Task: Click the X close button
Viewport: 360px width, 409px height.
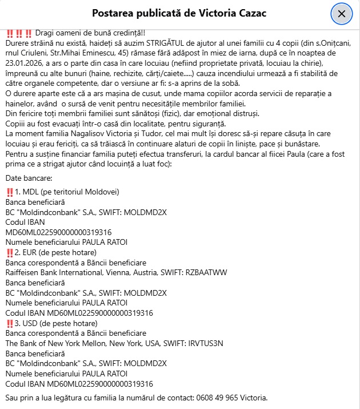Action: click(x=342, y=13)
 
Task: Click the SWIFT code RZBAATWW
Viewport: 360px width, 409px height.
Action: click(x=217, y=273)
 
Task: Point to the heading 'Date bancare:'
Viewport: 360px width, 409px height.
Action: click(x=29, y=179)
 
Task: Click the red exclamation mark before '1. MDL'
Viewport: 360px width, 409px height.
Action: click(x=9, y=192)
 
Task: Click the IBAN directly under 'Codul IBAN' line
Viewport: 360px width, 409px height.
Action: click(x=58, y=232)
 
